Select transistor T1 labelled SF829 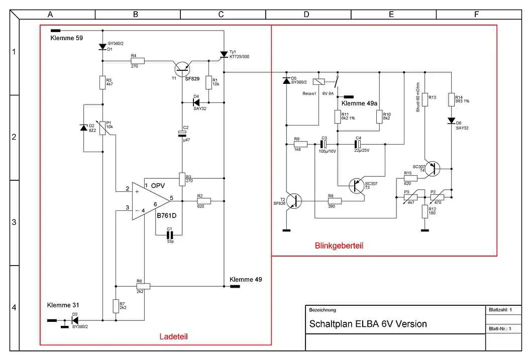[181, 68]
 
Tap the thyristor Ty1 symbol [224, 55]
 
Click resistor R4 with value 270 [137, 61]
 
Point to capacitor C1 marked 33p [170, 234]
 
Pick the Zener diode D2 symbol [84, 128]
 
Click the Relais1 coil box [317, 82]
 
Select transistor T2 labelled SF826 [295, 201]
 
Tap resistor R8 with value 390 [335, 201]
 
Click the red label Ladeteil [173, 336]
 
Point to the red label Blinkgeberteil [339, 246]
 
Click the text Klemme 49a [359, 103]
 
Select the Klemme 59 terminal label [67, 38]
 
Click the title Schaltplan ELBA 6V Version [368, 324]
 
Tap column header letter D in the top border [306, 15]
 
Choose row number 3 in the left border [14, 222]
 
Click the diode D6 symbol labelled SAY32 [452, 121]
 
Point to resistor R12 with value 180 [425, 211]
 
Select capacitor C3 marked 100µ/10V [324, 144]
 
